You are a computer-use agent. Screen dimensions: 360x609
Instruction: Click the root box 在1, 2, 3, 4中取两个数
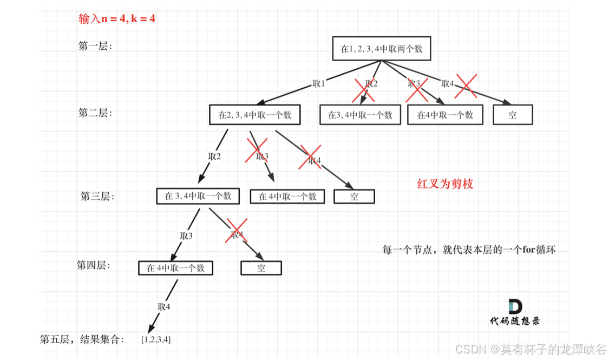(x=382, y=49)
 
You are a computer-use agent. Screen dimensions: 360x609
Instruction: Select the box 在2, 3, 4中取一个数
(x=254, y=115)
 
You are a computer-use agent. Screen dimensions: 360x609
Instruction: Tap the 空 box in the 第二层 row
(x=513, y=115)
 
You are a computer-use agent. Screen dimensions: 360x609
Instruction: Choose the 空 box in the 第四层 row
(x=261, y=268)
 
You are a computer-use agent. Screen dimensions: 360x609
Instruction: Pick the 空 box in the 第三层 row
(x=354, y=196)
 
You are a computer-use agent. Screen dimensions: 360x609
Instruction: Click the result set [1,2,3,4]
(x=156, y=340)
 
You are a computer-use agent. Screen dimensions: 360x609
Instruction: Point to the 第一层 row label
(x=95, y=46)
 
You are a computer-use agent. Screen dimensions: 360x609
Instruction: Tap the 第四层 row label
(x=93, y=265)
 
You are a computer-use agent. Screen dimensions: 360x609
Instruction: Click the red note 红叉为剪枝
(x=445, y=184)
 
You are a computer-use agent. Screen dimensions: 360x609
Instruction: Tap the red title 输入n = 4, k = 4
(x=117, y=19)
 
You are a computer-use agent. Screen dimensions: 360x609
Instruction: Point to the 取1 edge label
(x=319, y=84)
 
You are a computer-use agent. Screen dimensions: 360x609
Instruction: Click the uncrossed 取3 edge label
(x=186, y=235)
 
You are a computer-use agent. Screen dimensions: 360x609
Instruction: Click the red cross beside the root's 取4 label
(x=465, y=86)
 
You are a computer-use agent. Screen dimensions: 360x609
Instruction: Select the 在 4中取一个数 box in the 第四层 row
(x=175, y=268)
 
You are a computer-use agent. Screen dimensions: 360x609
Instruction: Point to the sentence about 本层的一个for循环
(x=469, y=250)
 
